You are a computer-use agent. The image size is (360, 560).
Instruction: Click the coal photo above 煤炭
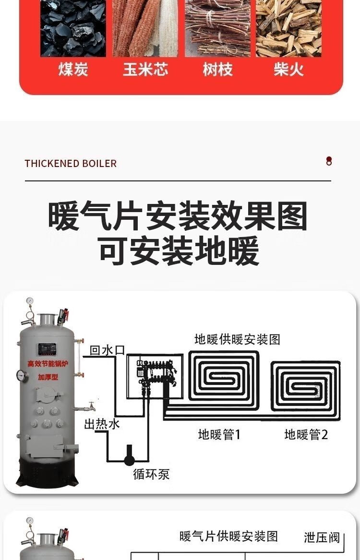click(x=73, y=29)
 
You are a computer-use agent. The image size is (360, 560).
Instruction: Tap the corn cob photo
click(x=145, y=29)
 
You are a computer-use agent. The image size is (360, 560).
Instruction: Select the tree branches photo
click(x=217, y=29)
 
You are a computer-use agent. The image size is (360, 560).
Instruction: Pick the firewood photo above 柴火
click(x=288, y=29)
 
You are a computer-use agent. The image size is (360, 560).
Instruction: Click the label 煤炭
click(x=73, y=70)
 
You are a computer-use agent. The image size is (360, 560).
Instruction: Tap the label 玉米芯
click(x=145, y=70)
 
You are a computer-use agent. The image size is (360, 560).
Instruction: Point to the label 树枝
click(x=217, y=70)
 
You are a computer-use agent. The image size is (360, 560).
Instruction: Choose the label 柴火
click(x=289, y=70)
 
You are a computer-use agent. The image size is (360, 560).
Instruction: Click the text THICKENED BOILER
click(x=71, y=164)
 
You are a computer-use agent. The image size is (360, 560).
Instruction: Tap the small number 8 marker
click(x=329, y=161)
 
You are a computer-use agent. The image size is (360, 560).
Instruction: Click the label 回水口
click(x=107, y=350)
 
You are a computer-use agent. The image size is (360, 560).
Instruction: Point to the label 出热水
click(x=102, y=424)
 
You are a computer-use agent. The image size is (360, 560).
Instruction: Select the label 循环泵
click(x=151, y=475)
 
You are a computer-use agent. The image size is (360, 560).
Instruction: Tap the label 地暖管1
click(x=219, y=435)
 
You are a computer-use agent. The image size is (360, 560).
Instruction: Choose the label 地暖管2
click(x=306, y=435)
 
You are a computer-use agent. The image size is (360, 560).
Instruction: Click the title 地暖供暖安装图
click(x=237, y=340)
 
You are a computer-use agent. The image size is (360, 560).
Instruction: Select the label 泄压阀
click(x=322, y=537)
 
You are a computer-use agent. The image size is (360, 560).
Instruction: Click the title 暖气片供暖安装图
click(x=228, y=536)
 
